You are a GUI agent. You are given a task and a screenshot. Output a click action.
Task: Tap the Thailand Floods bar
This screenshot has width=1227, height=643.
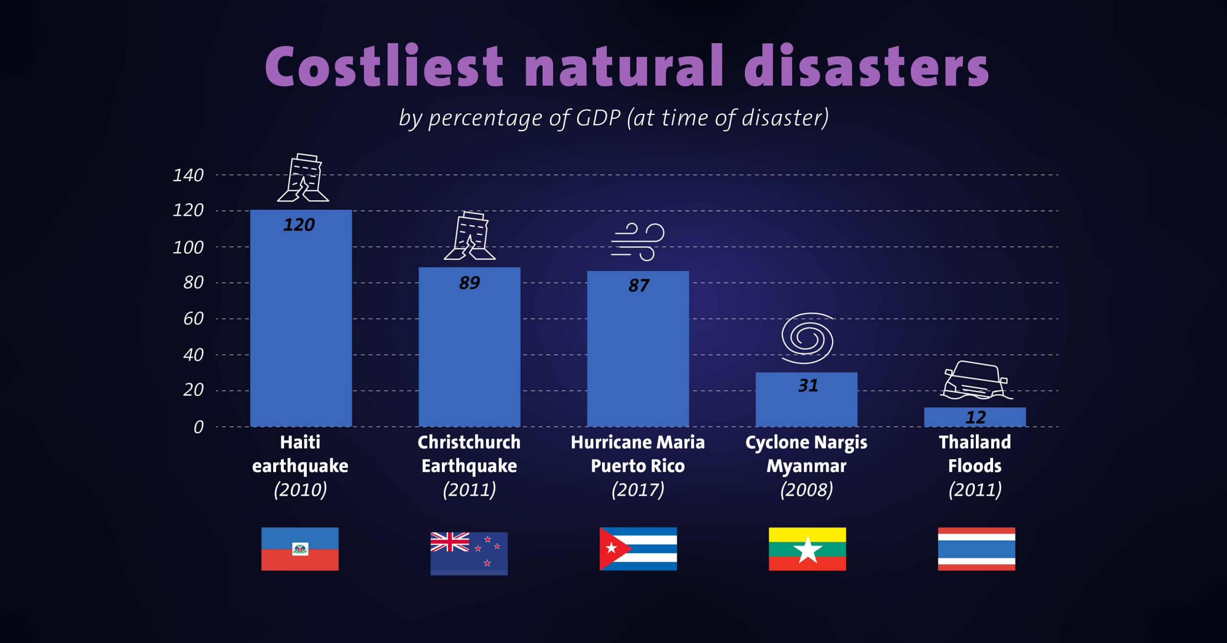pyautogui.click(x=975, y=418)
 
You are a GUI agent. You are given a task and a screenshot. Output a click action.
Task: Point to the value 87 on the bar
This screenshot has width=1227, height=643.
pyautogui.click(x=638, y=286)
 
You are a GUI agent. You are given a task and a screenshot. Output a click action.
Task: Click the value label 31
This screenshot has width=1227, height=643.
pyautogui.click(x=808, y=386)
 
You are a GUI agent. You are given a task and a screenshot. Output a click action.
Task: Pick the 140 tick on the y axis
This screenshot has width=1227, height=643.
pyautogui.click(x=188, y=175)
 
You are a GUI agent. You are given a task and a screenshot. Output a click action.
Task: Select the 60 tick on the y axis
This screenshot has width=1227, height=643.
pyautogui.click(x=193, y=319)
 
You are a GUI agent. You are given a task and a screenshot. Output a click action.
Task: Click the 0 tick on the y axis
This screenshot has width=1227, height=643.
pyautogui.click(x=198, y=427)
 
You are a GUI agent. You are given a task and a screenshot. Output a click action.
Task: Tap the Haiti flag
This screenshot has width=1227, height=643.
pyautogui.click(x=300, y=549)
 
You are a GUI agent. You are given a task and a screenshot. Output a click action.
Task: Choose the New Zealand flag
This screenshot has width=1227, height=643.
pyautogui.click(x=469, y=553)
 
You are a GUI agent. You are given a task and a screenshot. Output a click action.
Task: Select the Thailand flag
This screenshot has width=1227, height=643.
pyautogui.click(x=976, y=549)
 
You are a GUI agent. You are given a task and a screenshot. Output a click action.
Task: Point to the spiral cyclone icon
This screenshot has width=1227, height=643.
pyautogui.click(x=808, y=338)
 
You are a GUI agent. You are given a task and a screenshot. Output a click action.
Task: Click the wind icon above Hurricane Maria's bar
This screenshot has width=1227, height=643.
pyautogui.click(x=638, y=242)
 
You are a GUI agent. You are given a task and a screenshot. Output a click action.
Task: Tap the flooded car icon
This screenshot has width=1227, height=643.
pyautogui.click(x=975, y=381)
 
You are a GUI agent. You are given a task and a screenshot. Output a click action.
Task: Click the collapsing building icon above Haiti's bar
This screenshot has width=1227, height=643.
pyautogui.click(x=303, y=178)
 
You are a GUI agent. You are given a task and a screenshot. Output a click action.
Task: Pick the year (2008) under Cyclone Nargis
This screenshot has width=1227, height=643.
pyautogui.click(x=807, y=490)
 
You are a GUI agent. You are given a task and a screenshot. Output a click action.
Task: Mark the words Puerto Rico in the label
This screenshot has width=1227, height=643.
pyautogui.click(x=638, y=466)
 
